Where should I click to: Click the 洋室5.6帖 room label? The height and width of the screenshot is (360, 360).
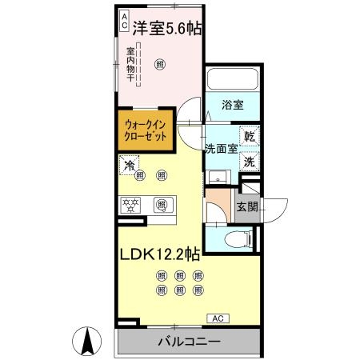[x=167, y=27]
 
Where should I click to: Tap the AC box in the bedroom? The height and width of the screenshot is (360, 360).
[x=124, y=21]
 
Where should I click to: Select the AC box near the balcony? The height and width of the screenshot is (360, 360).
[x=217, y=318]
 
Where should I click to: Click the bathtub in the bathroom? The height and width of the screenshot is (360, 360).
[x=232, y=81]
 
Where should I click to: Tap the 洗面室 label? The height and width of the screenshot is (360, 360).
[x=220, y=148]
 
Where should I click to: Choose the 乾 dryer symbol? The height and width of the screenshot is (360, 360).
[x=249, y=136]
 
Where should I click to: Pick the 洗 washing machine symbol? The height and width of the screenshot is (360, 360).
[x=249, y=160]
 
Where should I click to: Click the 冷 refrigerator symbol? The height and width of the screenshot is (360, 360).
[x=128, y=166]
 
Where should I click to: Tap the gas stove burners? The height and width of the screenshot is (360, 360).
[x=131, y=206]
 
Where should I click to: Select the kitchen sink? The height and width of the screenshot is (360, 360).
[x=162, y=206]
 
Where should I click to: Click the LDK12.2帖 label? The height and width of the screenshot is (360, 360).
[x=160, y=255]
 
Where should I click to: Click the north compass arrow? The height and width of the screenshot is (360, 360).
[x=88, y=342]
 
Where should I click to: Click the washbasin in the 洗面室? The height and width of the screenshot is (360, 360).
[x=214, y=177]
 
